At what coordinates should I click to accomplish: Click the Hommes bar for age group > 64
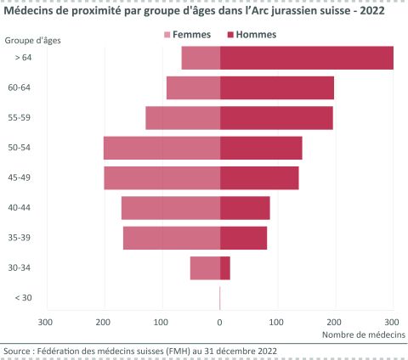coord(306,58)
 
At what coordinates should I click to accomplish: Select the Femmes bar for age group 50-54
coord(161,148)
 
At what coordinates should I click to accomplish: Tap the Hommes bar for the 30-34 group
coord(225,268)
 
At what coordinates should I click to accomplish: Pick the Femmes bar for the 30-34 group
coord(205,268)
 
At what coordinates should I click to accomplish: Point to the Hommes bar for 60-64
coord(277,87)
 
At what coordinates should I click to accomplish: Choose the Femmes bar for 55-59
coord(183,118)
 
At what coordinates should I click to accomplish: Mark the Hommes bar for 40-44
coord(245,208)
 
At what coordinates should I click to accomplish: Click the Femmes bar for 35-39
coord(172,238)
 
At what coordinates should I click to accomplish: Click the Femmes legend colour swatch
coord(167,35)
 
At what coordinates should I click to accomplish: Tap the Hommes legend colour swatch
coord(231,35)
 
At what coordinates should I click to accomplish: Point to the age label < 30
coord(24,297)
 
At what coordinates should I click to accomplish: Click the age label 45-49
coord(20,177)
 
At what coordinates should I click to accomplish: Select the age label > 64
coord(24,57)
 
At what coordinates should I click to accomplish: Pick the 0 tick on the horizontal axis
coord(220,322)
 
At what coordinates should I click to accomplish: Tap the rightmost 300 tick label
coord(393,322)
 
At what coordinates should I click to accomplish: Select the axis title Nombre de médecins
coord(363,335)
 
